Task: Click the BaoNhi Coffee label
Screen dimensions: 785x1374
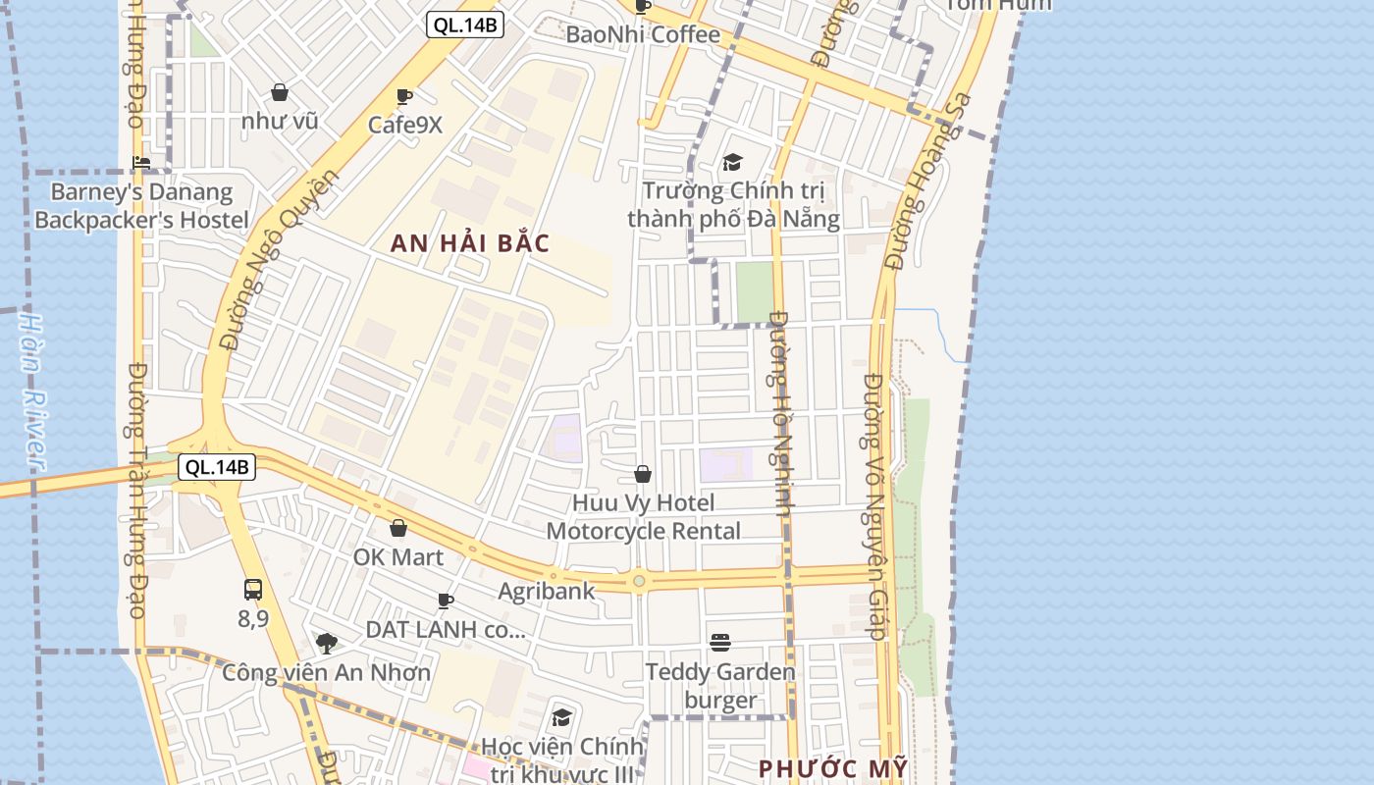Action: coord(643,34)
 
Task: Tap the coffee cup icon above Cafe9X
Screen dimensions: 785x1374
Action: coord(403,96)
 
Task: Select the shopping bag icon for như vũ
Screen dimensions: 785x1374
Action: coord(280,92)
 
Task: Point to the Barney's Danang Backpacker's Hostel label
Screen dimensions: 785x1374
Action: coord(141,206)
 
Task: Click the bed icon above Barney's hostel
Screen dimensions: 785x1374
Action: coord(141,163)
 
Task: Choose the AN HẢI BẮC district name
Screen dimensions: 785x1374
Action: coord(470,243)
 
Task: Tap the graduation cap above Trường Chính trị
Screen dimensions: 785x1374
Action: coord(732,162)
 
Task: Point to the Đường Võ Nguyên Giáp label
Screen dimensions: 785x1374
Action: coord(874,505)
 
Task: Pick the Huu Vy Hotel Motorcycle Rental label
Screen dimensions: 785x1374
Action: coord(643,517)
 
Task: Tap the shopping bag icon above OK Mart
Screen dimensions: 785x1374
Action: coord(398,528)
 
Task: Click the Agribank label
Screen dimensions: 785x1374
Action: coord(547,591)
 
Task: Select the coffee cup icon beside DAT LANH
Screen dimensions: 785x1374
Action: coord(446,601)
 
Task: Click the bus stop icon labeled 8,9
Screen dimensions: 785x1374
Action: coord(253,590)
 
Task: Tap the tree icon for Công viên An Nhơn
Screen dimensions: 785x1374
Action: coord(327,644)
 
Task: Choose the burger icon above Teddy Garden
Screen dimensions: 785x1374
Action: coord(720,643)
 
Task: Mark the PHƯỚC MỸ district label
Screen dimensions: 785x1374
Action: coord(833,768)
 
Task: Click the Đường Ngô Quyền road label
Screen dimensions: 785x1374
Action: coord(279,260)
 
